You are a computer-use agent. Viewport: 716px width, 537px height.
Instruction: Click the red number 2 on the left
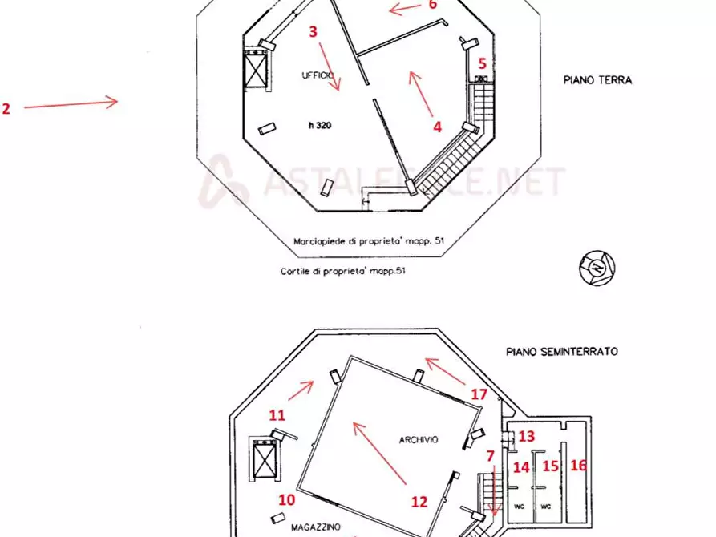[x=6, y=109]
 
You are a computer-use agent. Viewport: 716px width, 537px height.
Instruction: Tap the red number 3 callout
[x=314, y=32]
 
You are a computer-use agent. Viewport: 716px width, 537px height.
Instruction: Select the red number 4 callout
[x=437, y=126]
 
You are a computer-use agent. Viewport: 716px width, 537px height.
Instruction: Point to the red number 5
[x=483, y=63]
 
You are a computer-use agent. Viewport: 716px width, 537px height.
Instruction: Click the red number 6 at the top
[x=432, y=5]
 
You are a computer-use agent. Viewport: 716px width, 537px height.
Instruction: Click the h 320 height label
[x=320, y=126]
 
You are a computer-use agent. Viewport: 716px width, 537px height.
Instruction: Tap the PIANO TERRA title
[x=597, y=80]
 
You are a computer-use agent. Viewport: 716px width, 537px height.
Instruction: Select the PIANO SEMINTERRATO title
[x=561, y=351]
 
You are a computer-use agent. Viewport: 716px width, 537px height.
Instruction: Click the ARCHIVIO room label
[x=419, y=439]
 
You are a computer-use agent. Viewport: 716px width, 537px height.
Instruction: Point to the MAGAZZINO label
[x=316, y=527]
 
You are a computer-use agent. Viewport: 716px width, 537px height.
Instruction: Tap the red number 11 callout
[x=277, y=415]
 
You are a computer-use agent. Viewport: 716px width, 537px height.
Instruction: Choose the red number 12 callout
[x=419, y=502]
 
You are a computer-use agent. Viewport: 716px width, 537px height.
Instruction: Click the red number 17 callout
[x=479, y=394]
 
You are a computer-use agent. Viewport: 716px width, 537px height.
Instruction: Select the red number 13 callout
[x=526, y=436]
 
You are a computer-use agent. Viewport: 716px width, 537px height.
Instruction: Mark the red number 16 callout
[x=578, y=465]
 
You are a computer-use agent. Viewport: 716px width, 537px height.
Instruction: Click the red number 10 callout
[x=287, y=499]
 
